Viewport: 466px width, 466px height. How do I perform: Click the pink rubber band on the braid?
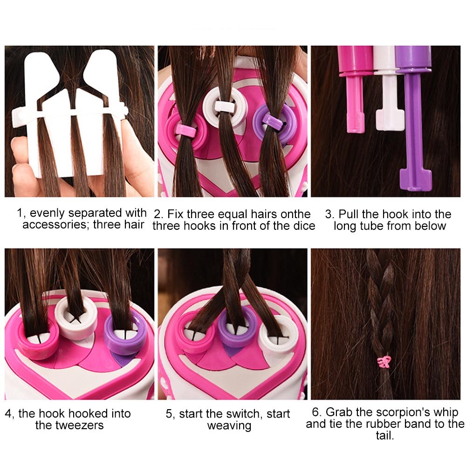tap(384, 361)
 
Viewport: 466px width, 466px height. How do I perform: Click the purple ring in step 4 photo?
tap(125, 334)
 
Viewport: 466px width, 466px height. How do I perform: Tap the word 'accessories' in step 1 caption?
tap(55, 225)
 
